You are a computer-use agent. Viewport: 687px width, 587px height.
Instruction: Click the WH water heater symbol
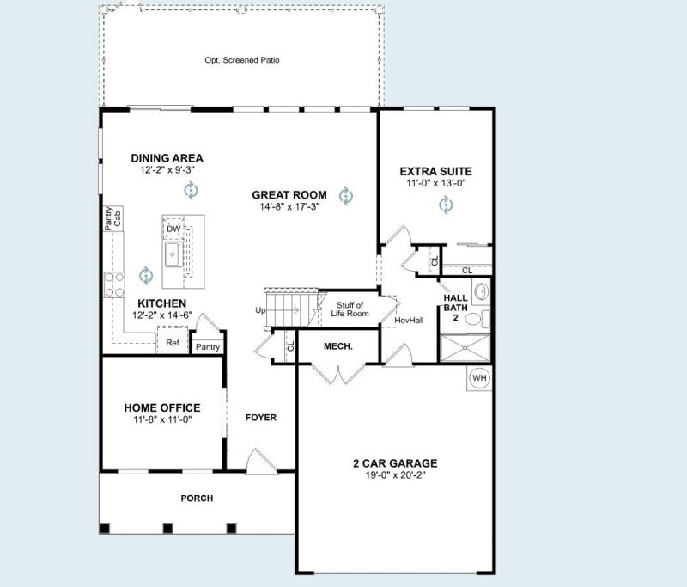coord(479,378)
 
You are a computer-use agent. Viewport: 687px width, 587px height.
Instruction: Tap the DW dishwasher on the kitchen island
coord(173,229)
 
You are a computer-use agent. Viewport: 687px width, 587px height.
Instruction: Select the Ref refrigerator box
coord(173,342)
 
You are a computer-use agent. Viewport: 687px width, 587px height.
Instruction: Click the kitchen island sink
coord(173,254)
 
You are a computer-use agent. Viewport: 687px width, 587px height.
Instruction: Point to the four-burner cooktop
coord(114,284)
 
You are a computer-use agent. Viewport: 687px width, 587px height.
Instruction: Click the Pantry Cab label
coord(112,219)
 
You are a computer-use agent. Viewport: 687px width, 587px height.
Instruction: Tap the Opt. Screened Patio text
coord(242,60)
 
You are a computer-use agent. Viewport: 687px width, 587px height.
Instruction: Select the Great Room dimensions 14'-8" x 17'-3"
coord(289,206)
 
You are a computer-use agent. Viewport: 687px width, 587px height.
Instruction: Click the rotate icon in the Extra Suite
coord(446,205)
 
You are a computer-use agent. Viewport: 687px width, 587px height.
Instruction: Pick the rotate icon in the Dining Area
coord(191,190)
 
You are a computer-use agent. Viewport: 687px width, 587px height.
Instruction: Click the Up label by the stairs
coord(260,310)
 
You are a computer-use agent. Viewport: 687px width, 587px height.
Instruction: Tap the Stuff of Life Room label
coord(350,309)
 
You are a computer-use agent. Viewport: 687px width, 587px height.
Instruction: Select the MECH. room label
coord(338,346)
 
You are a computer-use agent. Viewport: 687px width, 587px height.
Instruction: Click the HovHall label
coord(409,321)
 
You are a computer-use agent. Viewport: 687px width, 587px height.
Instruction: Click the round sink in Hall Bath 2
coord(482,291)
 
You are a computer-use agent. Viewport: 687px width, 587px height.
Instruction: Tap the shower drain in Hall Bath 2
coord(465,348)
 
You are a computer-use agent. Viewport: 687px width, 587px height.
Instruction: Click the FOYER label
coord(261,418)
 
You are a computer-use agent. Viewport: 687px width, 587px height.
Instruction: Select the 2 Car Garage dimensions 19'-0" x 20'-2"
coord(395,474)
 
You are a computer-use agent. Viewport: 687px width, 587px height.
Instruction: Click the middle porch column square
coord(167,529)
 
